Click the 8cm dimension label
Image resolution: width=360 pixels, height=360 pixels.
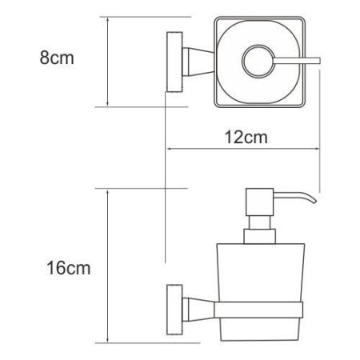[x=57, y=58]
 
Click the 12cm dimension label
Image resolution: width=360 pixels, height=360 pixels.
[x=246, y=137]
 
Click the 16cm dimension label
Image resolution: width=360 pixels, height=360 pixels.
[x=69, y=268]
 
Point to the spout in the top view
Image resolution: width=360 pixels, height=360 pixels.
[x=297, y=61]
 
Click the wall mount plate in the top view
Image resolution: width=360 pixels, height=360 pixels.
[x=174, y=62]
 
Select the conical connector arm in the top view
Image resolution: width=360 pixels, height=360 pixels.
[x=198, y=62]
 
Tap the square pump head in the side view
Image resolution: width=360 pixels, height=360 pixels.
[x=259, y=202]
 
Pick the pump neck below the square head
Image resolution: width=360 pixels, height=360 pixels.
[x=259, y=222]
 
